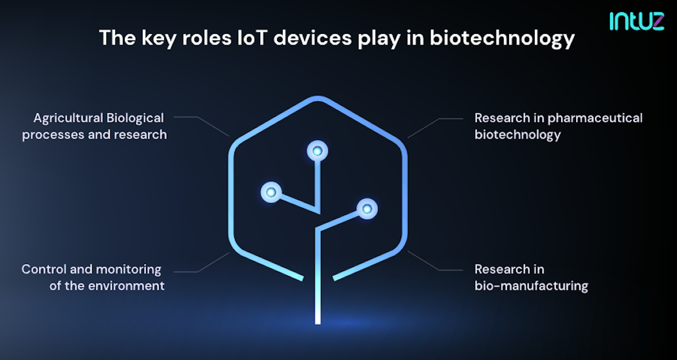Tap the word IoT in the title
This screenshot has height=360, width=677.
[256, 38]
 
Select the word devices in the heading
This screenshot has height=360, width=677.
[323, 38]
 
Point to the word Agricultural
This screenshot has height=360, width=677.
[67, 118]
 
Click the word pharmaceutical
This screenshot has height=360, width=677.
[595, 118]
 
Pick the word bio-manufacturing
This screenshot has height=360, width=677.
[531, 286]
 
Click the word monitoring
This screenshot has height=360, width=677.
[129, 270]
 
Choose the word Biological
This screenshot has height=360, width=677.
[135, 118]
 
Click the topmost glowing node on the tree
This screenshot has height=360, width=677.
[318, 151]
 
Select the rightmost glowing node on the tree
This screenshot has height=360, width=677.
[366, 208]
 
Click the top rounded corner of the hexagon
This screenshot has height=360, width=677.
[318, 100]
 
